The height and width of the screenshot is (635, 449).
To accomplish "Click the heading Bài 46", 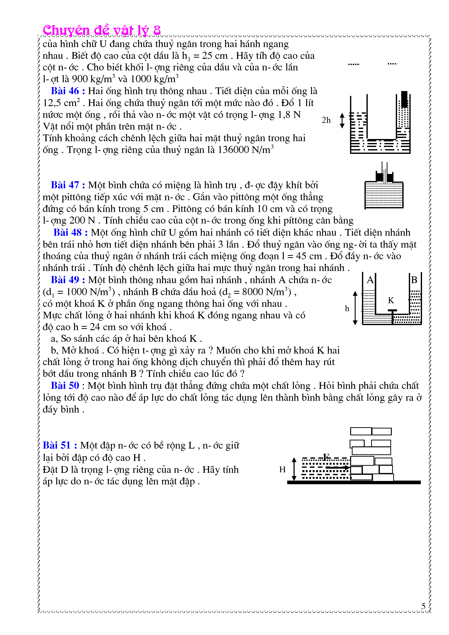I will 68,91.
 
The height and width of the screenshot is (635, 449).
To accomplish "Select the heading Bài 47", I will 68,185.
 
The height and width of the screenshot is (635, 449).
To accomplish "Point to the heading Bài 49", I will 68,280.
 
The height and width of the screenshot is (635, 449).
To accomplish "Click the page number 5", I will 423,606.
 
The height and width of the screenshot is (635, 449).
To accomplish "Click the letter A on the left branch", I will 370,280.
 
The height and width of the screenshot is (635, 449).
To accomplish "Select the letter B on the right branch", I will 414,280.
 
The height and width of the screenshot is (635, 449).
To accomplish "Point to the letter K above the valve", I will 391,300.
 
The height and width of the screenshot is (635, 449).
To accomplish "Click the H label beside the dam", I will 282,469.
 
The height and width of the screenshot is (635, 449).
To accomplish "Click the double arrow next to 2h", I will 342,121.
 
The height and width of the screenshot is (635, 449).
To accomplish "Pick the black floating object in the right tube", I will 404,99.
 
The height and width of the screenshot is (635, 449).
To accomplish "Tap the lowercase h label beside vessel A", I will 347,308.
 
